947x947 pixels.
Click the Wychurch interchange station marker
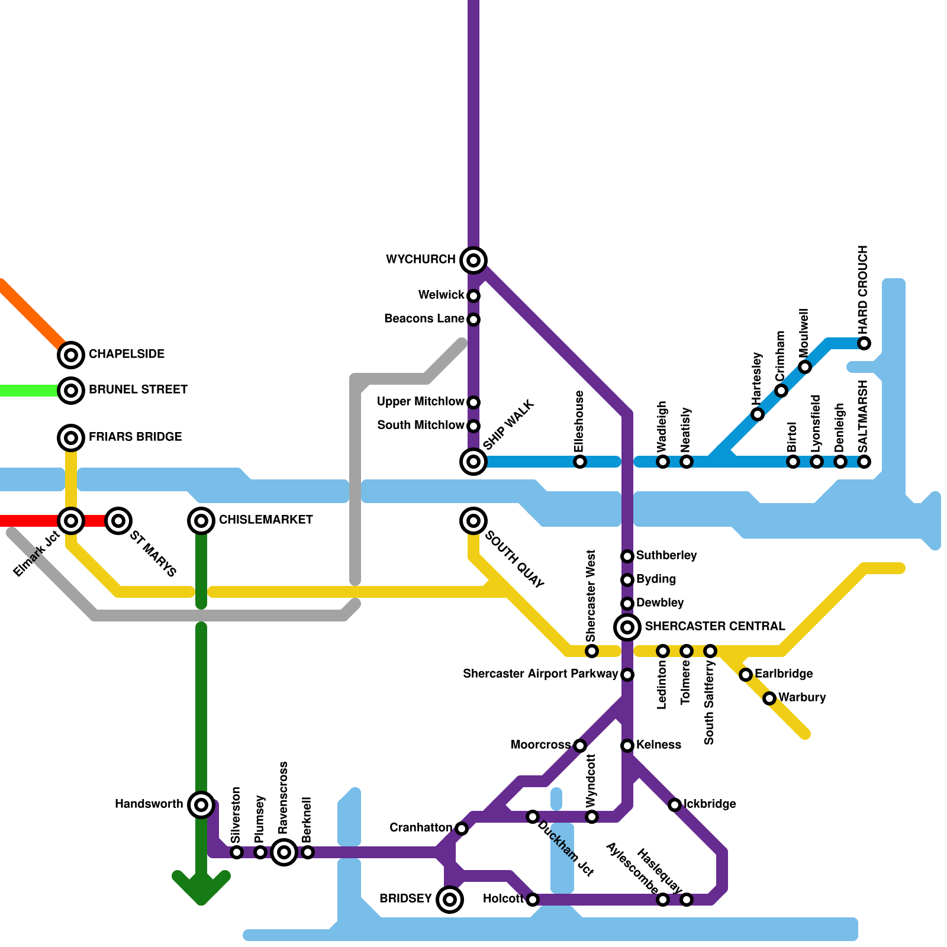click(474, 260)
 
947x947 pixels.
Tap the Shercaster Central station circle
click(627, 627)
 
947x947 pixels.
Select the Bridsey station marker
click(450, 900)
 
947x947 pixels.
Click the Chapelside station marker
click(71, 355)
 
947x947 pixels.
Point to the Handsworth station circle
click(201, 804)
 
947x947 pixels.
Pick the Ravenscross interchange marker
click(284, 852)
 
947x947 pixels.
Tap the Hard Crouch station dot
click(864, 343)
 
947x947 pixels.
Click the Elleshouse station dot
click(580, 462)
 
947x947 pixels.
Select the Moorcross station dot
click(580, 746)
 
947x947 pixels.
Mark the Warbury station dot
click(769, 698)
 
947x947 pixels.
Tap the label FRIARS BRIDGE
click(135, 437)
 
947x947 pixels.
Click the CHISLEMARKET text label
click(266, 520)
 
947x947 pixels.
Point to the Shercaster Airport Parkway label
click(540, 674)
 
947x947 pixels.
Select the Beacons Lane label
click(424, 318)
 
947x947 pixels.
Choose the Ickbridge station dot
click(675, 805)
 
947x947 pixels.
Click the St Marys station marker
click(118, 521)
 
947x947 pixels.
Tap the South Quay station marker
click(474, 521)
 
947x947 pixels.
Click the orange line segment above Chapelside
click(30, 314)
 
